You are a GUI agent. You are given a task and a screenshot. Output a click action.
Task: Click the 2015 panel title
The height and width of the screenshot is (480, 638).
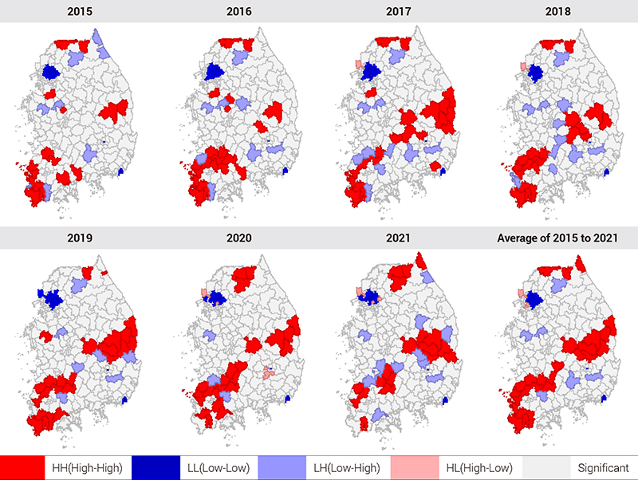pyautogui.click(x=79, y=12)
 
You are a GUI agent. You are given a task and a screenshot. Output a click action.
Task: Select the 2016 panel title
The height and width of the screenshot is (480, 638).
pyautogui.click(x=238, y=12)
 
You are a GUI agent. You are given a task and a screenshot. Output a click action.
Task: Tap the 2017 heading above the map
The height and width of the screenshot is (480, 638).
pyautogui.click(x=398, y=12)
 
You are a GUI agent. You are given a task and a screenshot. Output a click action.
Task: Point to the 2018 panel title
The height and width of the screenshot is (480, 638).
pyautogui.click(x=557, y=12)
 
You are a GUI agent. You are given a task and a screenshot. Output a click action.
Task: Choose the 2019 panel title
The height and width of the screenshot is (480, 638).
pyautogui.click(x=79, y=238)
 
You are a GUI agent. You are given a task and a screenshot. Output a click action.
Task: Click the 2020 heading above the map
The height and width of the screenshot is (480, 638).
pyautogui.click(x=238, y=238)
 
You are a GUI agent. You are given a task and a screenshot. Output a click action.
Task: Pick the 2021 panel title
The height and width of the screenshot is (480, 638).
pyautogui.click(x=398, y=238)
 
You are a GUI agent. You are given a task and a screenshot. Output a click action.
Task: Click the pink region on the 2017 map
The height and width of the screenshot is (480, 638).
pyautogui.click(x=359, y=65)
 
